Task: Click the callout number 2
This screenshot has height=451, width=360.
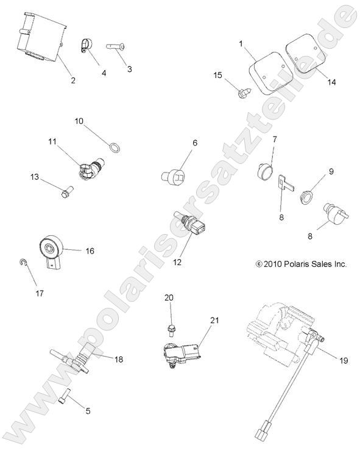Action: [x=73, y=80]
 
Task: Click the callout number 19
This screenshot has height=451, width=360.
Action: [x=344, y=360]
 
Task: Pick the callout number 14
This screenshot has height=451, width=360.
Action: [x=330, y=80]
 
